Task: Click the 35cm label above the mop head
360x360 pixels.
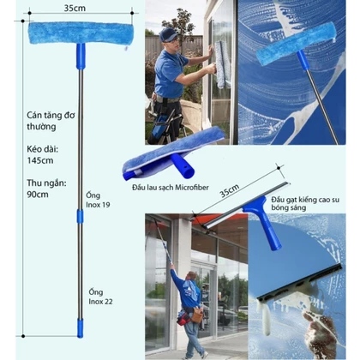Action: point(75,8)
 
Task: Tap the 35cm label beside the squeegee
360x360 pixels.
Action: point(230,190)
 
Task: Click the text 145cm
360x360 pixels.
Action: point(40,160)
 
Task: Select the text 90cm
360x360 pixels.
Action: point(38,195)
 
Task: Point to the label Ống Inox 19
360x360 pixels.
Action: point(98,200)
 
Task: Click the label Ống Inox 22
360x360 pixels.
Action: point(100,297)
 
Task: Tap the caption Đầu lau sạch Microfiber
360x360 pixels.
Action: point(171,188)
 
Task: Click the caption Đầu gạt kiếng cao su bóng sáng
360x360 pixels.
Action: point(305,203)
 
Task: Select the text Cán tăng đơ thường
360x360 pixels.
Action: point(51,121)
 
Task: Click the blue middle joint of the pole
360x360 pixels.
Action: point(81,216)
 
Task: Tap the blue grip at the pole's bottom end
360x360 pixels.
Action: point(81,328)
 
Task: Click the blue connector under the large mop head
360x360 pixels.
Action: point(81,57)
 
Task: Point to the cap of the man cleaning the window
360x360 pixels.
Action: point(168,34)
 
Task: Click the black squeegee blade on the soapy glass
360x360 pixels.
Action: point(299,282)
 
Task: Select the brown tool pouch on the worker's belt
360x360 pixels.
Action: point(197,315)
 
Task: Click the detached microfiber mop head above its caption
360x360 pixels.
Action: point(173,153)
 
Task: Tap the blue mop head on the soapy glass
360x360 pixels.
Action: point(296,44)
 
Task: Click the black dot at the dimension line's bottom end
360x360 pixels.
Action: point(23,336)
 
